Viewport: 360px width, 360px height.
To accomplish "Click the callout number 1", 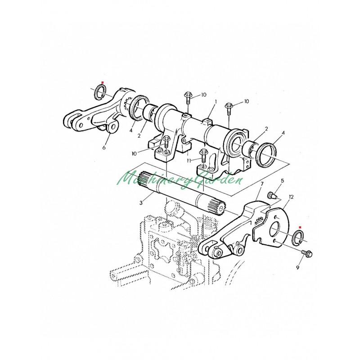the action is point(216,101).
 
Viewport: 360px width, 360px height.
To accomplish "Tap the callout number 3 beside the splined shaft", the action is point(141,203).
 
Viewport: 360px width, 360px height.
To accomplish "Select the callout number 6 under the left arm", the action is point(104,148).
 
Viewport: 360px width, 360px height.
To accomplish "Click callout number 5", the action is point(283,181).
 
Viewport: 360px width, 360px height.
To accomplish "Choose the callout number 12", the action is point(291,197).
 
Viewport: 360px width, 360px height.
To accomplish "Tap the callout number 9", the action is point(297,267).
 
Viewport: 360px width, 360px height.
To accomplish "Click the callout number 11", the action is point(189,161).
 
